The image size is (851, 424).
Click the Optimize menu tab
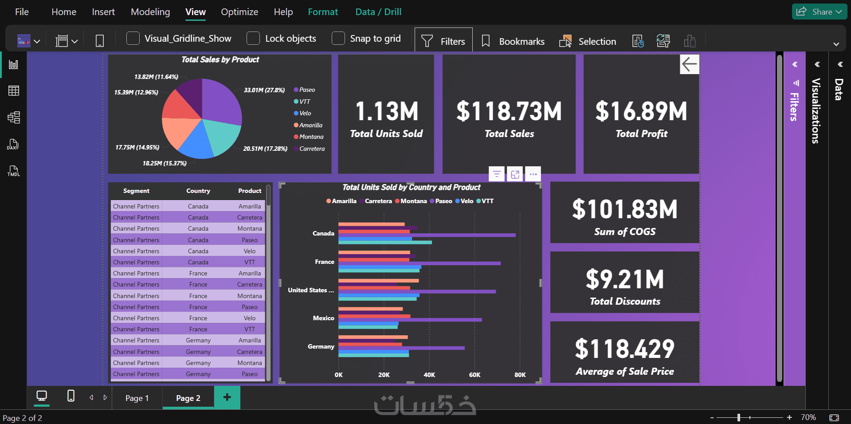pos(239,12)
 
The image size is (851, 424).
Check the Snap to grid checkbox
pos(338,39)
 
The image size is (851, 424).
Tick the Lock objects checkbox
pos(253,39)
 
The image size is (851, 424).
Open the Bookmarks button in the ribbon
pos(513,41)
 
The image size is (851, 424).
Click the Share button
pos(819,12)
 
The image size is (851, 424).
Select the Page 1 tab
pos(137,398)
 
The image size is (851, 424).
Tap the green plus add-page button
pos(227,397)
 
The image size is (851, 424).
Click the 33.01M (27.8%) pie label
pos(264,90)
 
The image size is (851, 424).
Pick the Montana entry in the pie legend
pos(311,137)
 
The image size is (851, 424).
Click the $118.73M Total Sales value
pos(509,111)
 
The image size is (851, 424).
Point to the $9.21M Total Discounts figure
pos(625,280)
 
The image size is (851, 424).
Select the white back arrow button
pos(689,64)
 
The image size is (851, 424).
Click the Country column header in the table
pos(198,191)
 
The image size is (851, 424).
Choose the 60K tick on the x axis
pos(475,375)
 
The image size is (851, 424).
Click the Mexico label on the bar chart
pos(323,318)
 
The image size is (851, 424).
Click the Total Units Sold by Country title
pos(411,187)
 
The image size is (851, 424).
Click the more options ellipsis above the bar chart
pos(533,174)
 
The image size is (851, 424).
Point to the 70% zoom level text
pos(808,417)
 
